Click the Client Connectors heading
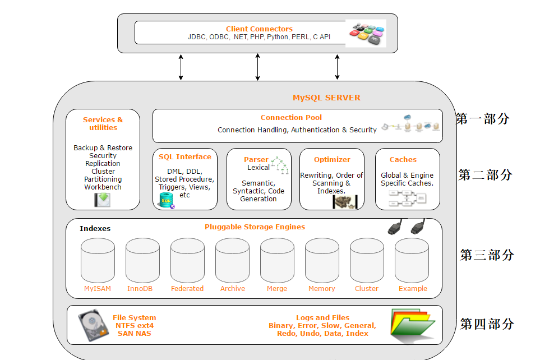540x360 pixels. click(x=259, y=29)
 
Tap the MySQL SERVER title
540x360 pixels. click(x=326, y=98)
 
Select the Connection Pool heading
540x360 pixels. click(x=291, y=117)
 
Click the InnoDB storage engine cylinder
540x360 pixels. click(x=142, y=260)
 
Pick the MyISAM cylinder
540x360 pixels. click(x=98, y=260)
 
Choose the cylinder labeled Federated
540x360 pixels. click(x=187, y=260)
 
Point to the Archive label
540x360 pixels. click(x=233, y=289)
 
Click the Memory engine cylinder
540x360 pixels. click(x=322, y=260)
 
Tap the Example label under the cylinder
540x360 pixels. click(x=413, y=289)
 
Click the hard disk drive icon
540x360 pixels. click(x=93, y=325)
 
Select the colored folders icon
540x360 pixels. click(x=413, y=325)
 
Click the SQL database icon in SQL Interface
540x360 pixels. click(x=167, y=201)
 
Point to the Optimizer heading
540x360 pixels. click(x=332, y=159)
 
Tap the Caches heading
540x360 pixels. click(x=403, y=159)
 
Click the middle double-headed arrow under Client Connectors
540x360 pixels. click(x=257, y=67)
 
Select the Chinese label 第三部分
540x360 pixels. click(x=487, y=255)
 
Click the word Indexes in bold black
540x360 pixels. click(x=95, y=228)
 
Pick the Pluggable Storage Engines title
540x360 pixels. click(x=255, y=227)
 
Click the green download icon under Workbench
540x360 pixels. click(x=102, y=200)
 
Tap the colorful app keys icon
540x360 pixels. click(x=366, y=33)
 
